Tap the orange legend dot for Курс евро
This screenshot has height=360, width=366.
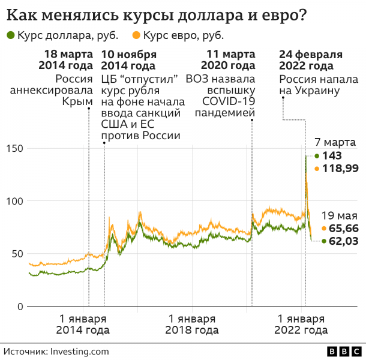[x=136, y=36]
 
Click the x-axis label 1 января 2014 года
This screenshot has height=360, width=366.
[x=83, y=324]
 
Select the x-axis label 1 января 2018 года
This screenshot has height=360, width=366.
[x=191, y=324]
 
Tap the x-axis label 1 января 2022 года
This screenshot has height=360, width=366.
[x=301, y=324]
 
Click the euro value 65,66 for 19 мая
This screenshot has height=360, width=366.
[x=344, y=229]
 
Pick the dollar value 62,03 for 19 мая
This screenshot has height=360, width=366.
[x=344, y=241]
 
